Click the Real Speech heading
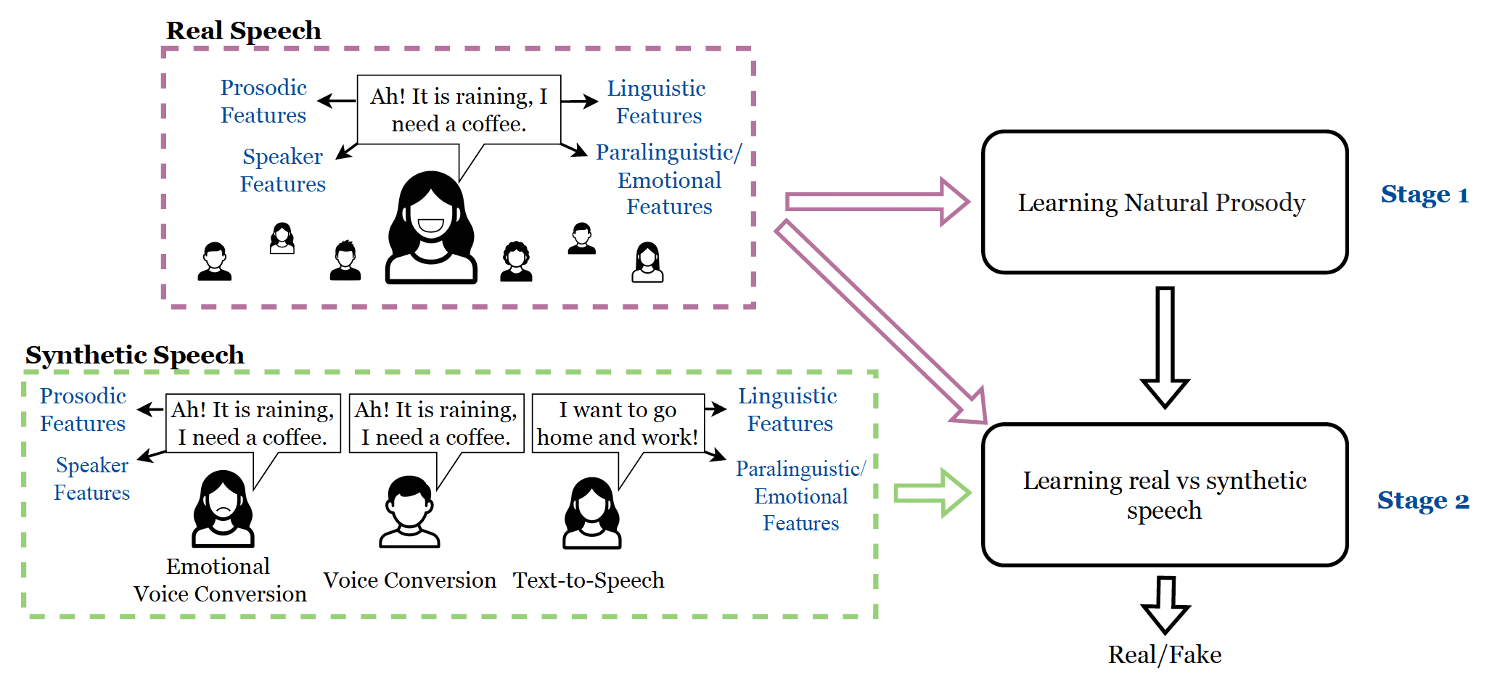(243, 30)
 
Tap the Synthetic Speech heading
(134, 355)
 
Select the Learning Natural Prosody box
(1163, 202)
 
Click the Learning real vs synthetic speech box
(1163, 495)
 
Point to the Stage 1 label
(1424, 194)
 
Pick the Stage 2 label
(1422, 501)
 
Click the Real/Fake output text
(1164, 655)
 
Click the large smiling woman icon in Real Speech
(431, 229)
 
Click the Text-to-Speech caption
(588, 580)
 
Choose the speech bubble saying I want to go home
(618, 424)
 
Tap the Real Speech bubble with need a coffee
(459, 110)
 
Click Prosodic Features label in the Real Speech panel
(263, 101)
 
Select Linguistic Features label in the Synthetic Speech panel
(788, 410)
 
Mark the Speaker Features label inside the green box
(92, 479)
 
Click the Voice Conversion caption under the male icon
(409, 580)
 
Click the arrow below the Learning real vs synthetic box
(1165, 604)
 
